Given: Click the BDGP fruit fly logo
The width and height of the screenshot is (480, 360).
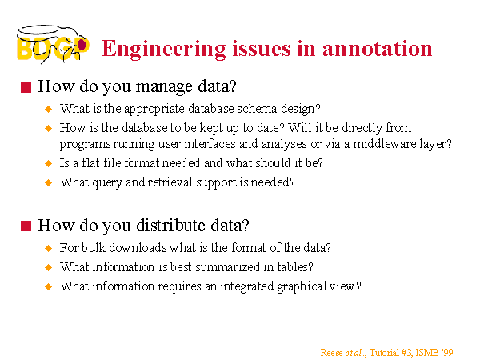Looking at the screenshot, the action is click(x=53, y=44).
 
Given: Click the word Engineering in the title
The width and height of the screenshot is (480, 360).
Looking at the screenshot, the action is click(x=164, y=50).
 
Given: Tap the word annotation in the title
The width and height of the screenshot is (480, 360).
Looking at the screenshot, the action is click(x=377, y=49).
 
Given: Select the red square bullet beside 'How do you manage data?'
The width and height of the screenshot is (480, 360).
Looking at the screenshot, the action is click(x=26, y=87).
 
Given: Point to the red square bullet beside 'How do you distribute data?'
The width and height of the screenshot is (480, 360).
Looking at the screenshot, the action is click(x=26, y=226).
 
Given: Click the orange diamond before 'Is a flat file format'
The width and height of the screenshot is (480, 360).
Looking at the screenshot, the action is click(x=48, y=163).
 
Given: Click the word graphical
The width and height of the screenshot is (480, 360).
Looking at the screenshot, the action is click(x=302, y=287).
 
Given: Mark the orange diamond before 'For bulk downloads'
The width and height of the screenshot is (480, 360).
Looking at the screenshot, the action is click(x=48, y=248).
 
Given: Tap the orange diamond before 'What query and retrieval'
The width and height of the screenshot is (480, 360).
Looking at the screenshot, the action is click(x=48, y=182).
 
